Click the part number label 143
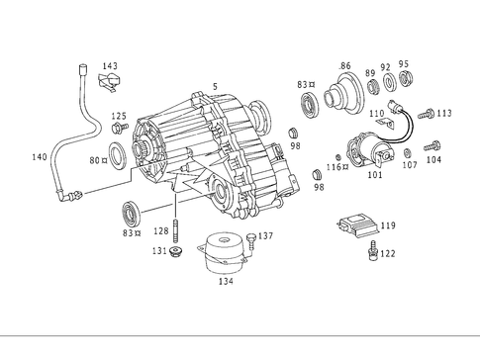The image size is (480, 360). [110, 66]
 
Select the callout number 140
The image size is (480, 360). [39, 157]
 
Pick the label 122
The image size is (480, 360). [388, 253]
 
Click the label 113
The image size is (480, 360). [444, 113]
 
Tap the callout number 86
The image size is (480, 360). [344, 66]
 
